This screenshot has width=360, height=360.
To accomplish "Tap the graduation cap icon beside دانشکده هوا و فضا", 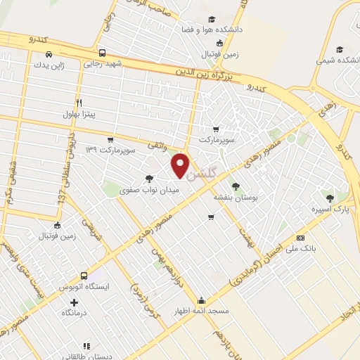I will (210, 20).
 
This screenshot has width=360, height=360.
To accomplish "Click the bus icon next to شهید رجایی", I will (103, 53).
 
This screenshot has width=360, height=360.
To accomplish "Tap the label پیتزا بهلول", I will (78, 112).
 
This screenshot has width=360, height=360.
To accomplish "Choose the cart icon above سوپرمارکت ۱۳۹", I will (110, 139).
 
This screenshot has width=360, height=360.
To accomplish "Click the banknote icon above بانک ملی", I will (301, 238).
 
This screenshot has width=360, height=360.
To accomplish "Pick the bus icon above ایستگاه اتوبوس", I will (84, 275).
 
